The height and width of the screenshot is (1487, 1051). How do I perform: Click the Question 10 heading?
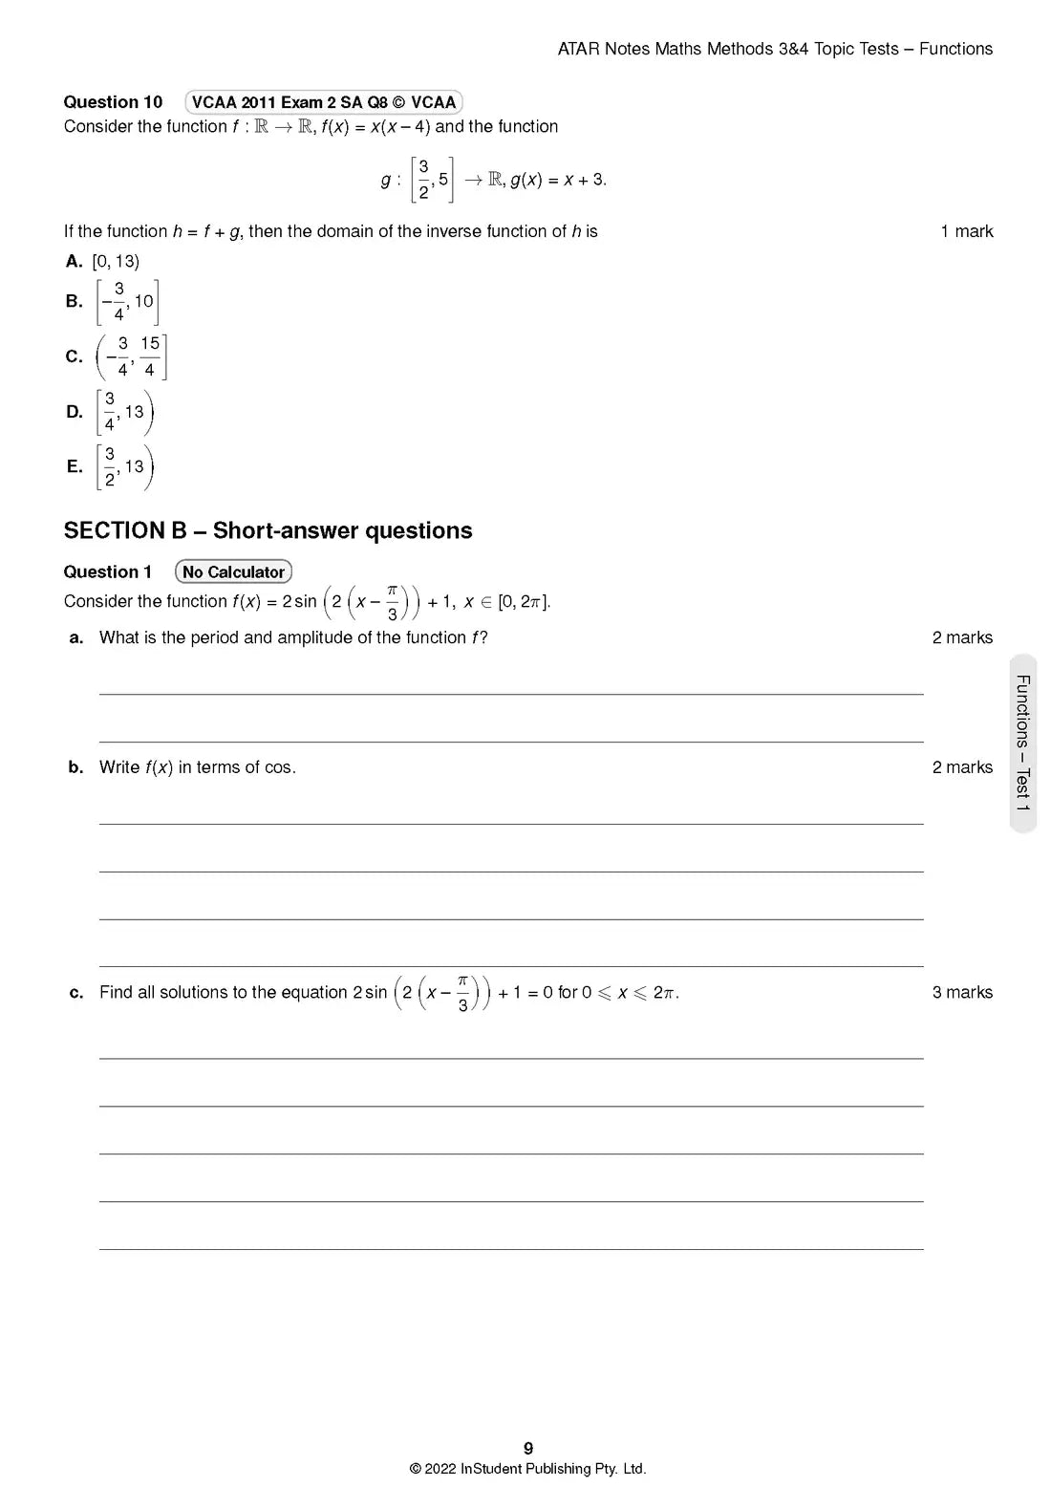pos(113,102)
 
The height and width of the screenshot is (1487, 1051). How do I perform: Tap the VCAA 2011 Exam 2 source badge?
pos(324,102)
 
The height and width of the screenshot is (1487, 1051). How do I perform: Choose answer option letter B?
pos(74,301)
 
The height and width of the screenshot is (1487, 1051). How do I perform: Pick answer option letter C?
pos(74,356)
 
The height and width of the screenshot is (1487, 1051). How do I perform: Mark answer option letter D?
pos(74,412)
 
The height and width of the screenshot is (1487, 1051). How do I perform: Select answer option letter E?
pos(74,466)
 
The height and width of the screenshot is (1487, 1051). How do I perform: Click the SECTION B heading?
pos(268,530)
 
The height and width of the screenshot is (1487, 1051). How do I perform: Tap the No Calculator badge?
pos(233,571)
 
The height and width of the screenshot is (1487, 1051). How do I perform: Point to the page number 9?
pos(528,1449)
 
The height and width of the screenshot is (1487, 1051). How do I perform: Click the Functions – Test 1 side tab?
pos(1022,743)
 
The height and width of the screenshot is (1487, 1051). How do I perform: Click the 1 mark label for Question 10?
pos(966,231)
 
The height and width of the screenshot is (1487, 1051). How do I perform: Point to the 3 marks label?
pos(962,993)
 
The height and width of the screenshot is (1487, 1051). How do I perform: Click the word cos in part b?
pos(278,767)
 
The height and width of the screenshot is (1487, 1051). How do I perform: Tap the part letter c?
pos(76,993)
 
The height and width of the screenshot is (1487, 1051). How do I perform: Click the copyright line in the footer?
pos(527,1469)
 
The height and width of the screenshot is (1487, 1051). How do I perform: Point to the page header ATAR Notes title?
pos(775,49)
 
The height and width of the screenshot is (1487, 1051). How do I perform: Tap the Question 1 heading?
pos(107,571)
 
